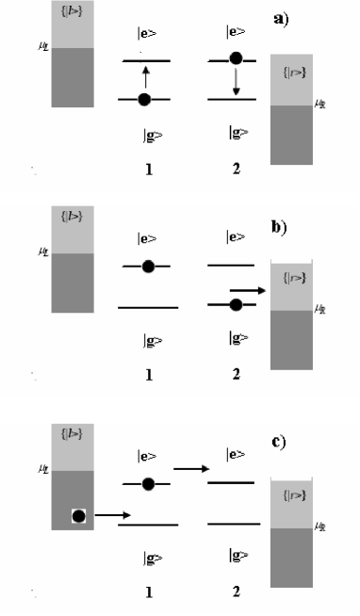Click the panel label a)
pos(281,18)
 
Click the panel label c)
pos(281,441)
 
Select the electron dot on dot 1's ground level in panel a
pos(143,99)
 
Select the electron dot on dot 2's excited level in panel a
pos(236,58)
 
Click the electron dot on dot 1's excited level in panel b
pos(148,267)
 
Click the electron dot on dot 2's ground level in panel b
pos(236,303)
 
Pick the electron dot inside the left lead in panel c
pos(79,516)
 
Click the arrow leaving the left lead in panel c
pos(111,514)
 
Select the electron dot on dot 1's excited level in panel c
pos(148,483)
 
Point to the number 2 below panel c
pos(236,592)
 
